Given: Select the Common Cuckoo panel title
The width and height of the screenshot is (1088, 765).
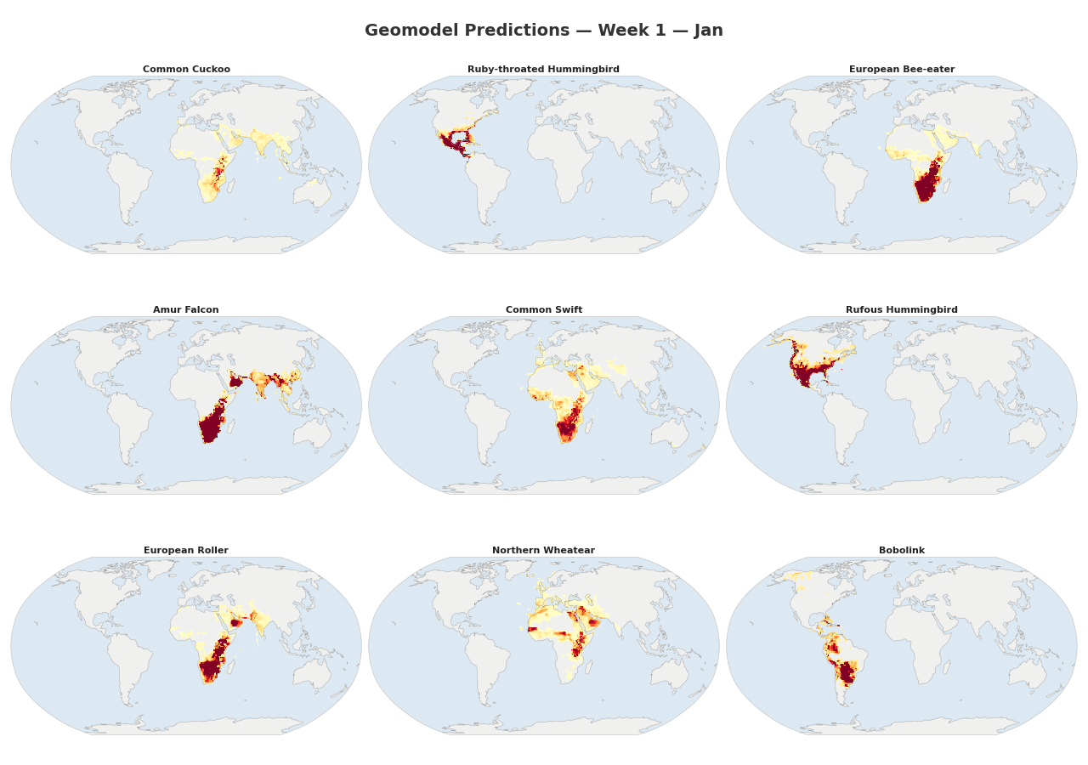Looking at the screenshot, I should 186,70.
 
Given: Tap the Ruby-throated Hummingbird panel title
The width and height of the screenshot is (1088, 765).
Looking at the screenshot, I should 543,70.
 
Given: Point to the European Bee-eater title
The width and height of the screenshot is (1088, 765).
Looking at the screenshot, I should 901,70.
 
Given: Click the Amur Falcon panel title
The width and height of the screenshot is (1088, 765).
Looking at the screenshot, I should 186,310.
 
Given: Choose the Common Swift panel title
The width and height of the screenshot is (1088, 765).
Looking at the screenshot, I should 543,310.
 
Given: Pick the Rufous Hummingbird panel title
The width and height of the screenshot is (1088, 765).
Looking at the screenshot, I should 901,310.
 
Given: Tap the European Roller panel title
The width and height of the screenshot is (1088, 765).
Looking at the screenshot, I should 186,551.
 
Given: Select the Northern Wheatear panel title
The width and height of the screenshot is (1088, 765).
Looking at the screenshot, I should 543,551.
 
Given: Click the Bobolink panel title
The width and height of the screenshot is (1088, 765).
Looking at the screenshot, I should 901,551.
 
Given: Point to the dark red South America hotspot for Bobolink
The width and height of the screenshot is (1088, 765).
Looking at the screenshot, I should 845,674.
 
